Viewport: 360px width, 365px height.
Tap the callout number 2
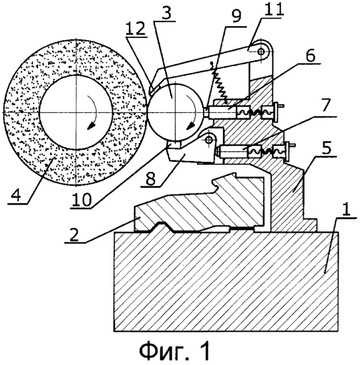pyautogui.click(x=74, y=235)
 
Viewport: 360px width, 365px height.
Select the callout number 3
pyautogui.click(x=166, y=13)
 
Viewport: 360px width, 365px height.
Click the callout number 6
pyautogui.click(x=309, y=55)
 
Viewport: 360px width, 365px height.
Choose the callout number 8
pyautogui.click(x=150, y=178)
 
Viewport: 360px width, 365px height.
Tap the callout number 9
pyautogui.click(x=236, y=16)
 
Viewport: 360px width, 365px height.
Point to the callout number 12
pyautogui.click(x=136, y=29)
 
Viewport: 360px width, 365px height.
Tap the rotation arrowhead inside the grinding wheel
pyautogui.click(x=91, y=126)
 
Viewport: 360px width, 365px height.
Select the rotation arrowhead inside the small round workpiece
pyautogui.click(x=190, y=126)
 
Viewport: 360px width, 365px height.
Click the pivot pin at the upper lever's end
pyautogui.click(x=261, y=51)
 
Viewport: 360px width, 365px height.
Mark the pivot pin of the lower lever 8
pyautogui.click(x=209, y=140)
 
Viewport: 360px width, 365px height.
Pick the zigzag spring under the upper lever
pyautogui.click(x=218, y=85)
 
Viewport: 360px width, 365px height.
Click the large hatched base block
pyautogui.click(x=226, y=281)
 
